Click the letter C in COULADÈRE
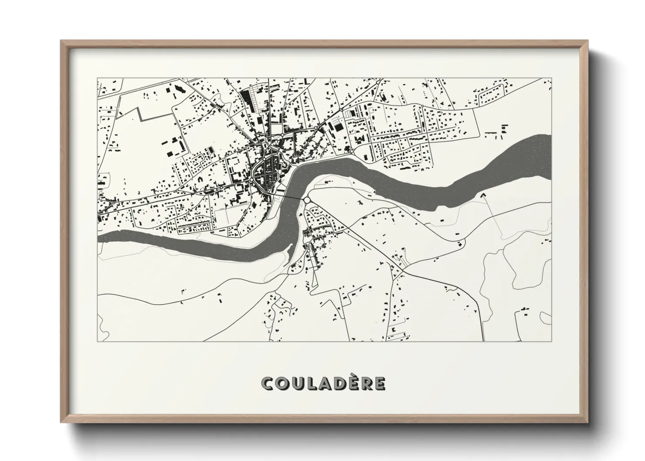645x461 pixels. tap(267, 383)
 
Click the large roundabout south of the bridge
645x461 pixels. tap(308, 200)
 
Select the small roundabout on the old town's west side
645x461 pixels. tap(252, 179)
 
